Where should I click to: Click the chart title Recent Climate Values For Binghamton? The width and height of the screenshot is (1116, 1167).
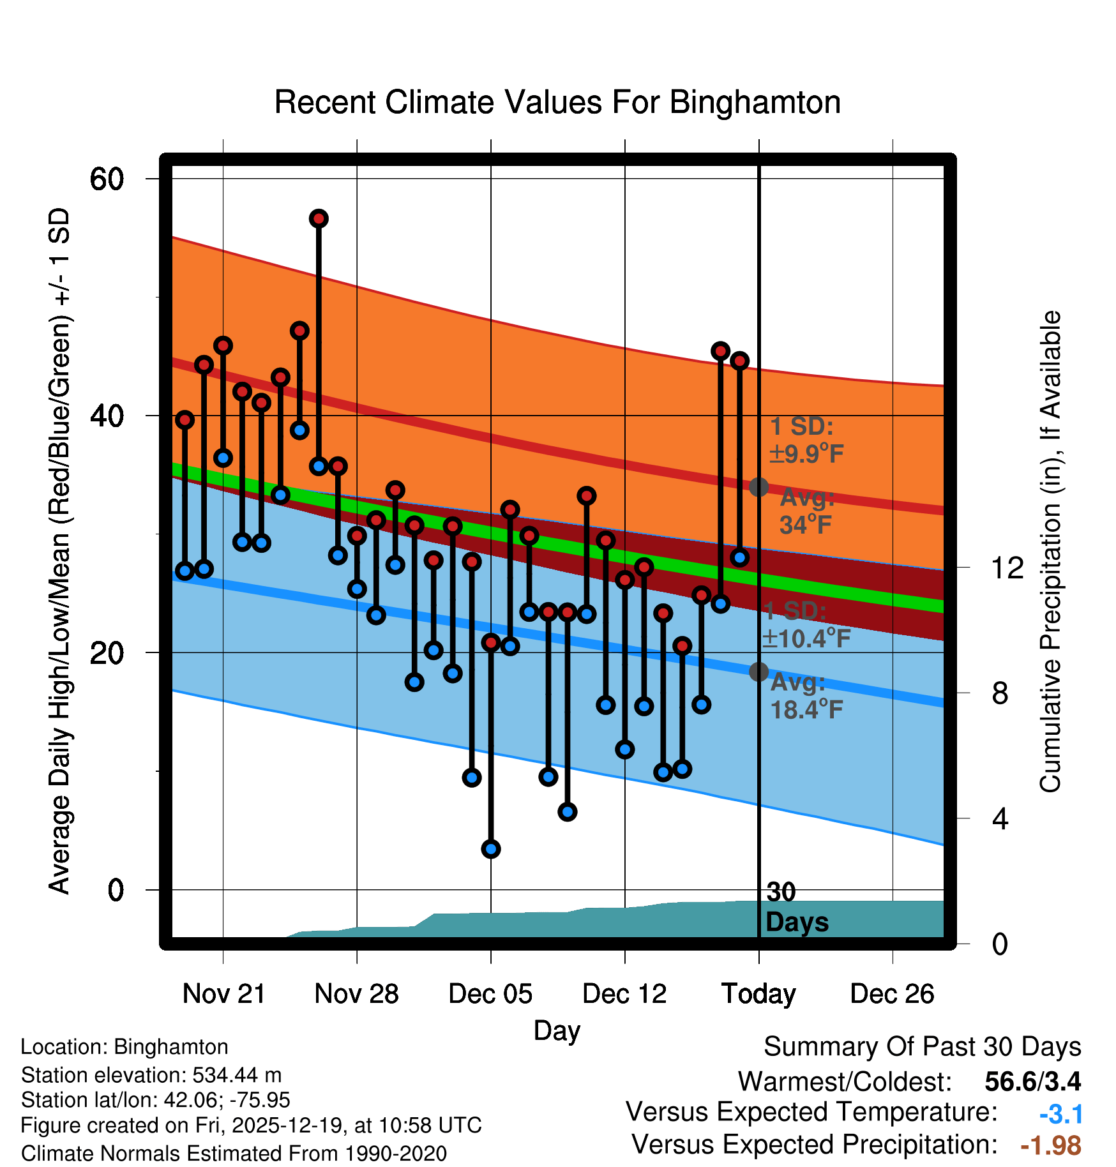coord(557,103)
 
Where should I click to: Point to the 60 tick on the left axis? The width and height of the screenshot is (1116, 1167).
coord(107,179)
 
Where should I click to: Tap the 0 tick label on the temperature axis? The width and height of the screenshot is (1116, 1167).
coord(116,890)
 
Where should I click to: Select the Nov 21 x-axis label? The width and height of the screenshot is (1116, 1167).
coord(223,994)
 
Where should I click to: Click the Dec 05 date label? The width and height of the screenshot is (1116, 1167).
coord(490,994)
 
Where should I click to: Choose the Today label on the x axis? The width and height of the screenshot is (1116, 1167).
coord(758,994)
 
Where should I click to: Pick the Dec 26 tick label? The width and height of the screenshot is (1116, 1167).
coord(892,994)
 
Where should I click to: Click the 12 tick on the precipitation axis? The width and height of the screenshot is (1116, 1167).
coord(1007,568)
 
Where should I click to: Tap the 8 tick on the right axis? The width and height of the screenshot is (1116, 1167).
coord(1000,693)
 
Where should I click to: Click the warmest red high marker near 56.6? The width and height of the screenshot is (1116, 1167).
coord(319,219)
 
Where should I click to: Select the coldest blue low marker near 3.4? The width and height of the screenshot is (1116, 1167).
coord(491,849)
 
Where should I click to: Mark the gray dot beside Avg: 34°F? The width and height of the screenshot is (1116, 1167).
coord(758,487)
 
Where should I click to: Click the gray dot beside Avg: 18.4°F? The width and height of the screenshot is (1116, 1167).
coord(758,672)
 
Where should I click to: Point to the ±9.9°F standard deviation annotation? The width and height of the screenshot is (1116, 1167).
coord(806,455)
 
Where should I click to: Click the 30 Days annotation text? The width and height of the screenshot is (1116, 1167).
coord(796,908)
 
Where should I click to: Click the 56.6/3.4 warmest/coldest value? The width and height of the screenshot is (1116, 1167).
coord(1032,1081)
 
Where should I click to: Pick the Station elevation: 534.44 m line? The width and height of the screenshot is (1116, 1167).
coord(151,1075)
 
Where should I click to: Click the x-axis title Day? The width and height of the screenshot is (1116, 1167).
coord(557,1031)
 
